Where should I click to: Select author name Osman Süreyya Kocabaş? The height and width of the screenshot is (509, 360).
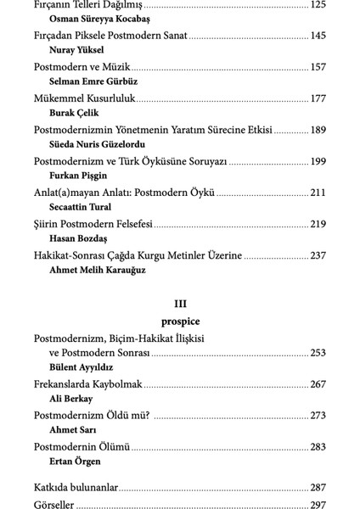coord(93,20)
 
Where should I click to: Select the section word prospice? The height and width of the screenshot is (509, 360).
coord(180,322)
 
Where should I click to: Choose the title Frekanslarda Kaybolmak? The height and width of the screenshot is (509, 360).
coord(87,384)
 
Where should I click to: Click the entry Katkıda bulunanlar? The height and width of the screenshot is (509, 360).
coord(76,488)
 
